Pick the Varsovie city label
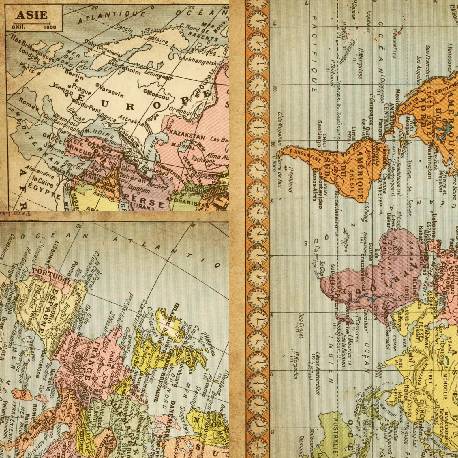point(110,90)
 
